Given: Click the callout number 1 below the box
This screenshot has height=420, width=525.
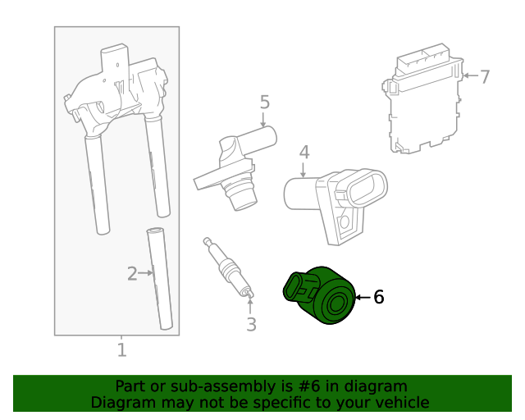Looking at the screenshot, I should pyautogui.click(x=121, y=350).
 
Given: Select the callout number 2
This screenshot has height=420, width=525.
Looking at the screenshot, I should pyautogui.click(x=131, y=273).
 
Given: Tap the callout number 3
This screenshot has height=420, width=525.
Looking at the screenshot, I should pyautogui.click(x=251, y=324).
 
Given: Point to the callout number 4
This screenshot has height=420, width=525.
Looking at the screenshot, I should pyautogui.click(x=304, y=153).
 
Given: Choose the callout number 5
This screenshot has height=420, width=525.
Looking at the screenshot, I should pyautogui.click(x=264, y=103).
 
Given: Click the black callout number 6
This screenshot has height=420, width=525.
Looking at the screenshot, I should pyautogui.click(x=378, y=297).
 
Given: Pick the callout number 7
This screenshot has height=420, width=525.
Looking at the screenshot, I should pyautogui.click(x=485, y=77).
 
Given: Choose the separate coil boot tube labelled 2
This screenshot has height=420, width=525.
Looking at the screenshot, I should pyautogui.click(x=162, y=279).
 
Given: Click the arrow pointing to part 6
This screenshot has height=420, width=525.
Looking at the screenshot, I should pyautogui.click(x=363, y=297).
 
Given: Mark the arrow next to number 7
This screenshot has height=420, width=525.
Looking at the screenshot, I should pyautogui.click(x=470, y=76).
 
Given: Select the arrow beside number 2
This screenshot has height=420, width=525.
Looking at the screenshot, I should pyautogui.click(x=146, y=272).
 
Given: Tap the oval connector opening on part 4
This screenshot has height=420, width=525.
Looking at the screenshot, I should pyautogui.click(x=366, y=189).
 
